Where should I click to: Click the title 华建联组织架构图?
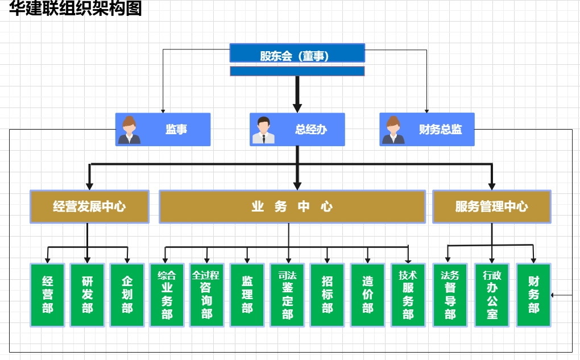pos(76,9)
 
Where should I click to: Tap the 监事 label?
pos(176,130)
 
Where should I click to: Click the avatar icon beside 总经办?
pos(263,130)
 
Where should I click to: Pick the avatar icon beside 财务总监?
pos(393,130)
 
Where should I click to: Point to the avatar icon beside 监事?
pos(129,130)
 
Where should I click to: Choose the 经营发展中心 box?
pos(89,206)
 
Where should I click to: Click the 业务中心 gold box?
pos(292,206)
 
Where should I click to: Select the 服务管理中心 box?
pos(491,206)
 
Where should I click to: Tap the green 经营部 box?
pos(47,295)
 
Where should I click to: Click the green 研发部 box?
pos(87,295)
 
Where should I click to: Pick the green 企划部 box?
pos(127,295)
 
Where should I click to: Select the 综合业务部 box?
pos(167,295)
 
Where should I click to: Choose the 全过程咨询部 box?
pos(206,295)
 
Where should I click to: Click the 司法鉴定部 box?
pos(287,295)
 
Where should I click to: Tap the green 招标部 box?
pos(327,295)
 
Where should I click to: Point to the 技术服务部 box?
pos(408,295)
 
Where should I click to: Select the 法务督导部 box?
pos(450,295)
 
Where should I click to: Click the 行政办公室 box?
pos(492,295)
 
